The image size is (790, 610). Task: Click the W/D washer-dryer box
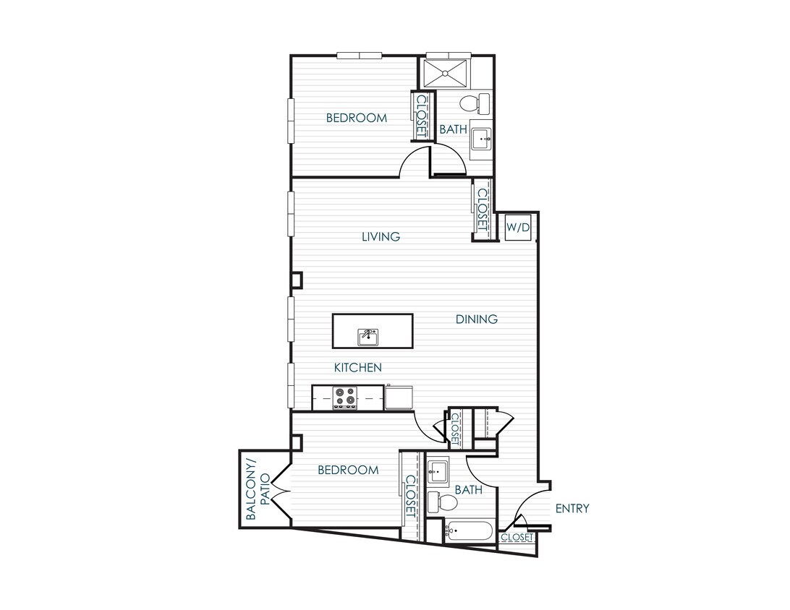(519, 228)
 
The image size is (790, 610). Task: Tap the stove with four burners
(345, 398)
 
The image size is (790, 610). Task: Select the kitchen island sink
(369, 336)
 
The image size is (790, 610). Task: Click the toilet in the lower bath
(441, 501)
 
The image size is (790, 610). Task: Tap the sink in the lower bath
(438, 473)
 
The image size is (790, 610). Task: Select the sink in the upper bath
(480, 137)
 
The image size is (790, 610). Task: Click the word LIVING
(381, 236)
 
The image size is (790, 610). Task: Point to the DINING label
(477, 319)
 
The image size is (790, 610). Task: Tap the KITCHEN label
(357, 368)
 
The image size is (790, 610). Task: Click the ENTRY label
(572, 509)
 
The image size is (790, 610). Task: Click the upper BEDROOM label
(356, 118)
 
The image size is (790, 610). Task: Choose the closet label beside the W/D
(482, 210)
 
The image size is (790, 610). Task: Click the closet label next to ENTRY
(517, 538)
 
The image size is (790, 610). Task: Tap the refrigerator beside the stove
(399, 398)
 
